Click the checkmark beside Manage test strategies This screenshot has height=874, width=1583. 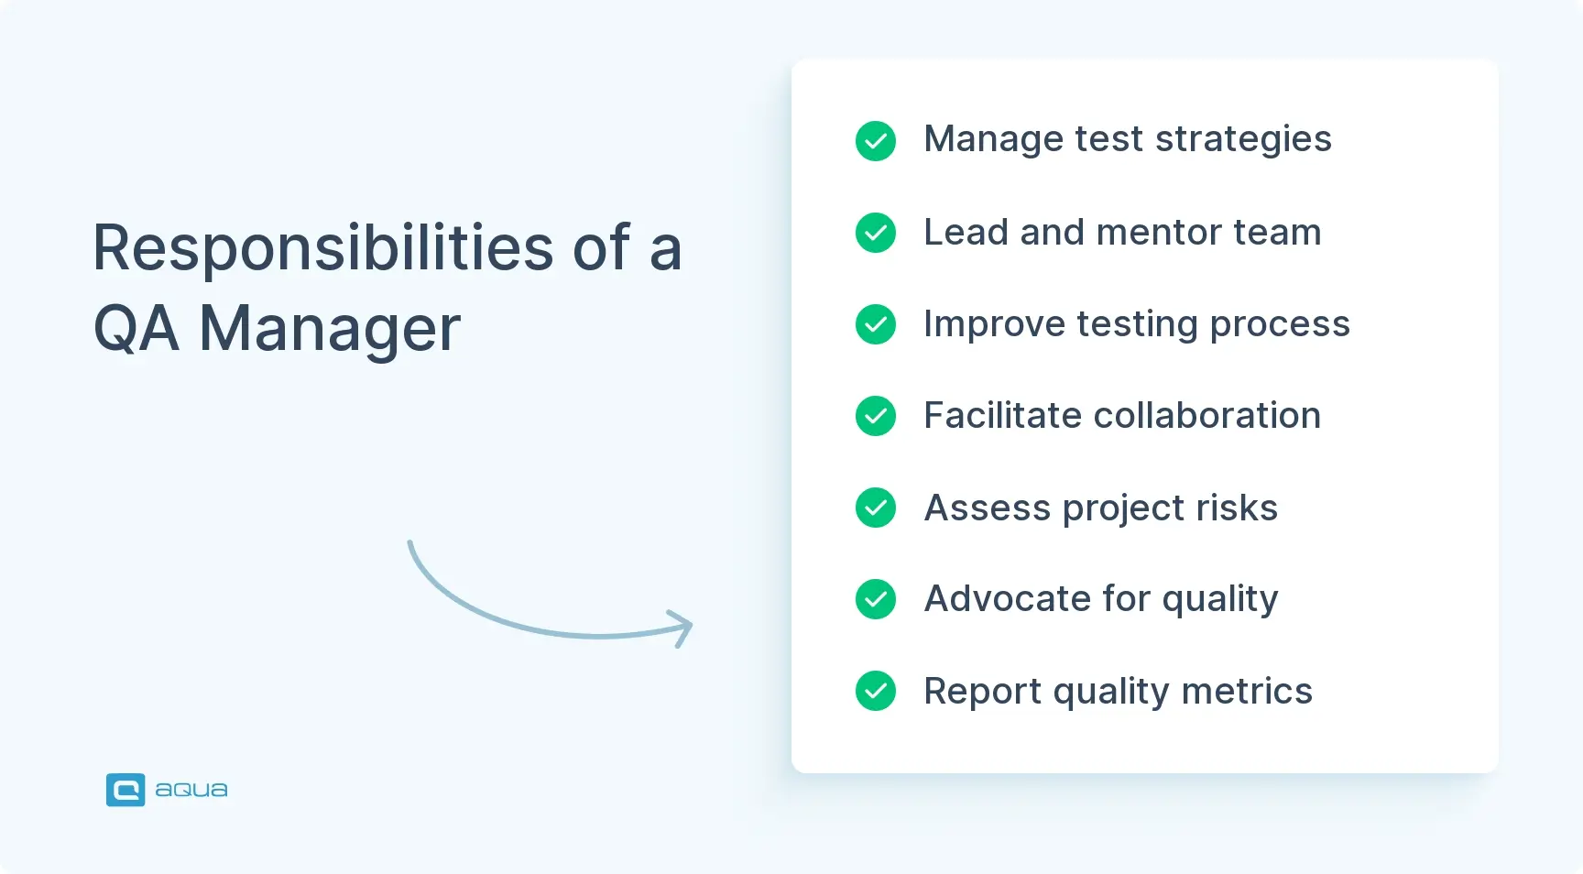[x=876, y=141]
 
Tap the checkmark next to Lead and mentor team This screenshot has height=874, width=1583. [x=876, y=233]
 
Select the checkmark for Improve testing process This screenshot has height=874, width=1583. [x=876, y=324]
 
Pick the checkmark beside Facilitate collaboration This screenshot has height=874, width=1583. [x=876, y=416]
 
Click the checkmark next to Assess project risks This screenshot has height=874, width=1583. [x=876, y=508]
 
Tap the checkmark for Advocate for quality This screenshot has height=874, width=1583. [x=876, y=599]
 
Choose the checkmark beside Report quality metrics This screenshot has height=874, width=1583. [x=876, y=691]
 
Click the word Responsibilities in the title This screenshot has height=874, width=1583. [x=323, y=249]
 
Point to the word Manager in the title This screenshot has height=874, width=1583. [x=330, y=329]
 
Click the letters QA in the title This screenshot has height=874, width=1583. [x=136, y=329]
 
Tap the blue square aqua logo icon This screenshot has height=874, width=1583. [x=126, y=790]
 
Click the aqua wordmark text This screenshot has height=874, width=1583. [x=191, y=790]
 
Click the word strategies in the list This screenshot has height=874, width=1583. [x=1243, y=140]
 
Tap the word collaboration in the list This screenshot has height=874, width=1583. [x=1206, y=416]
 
